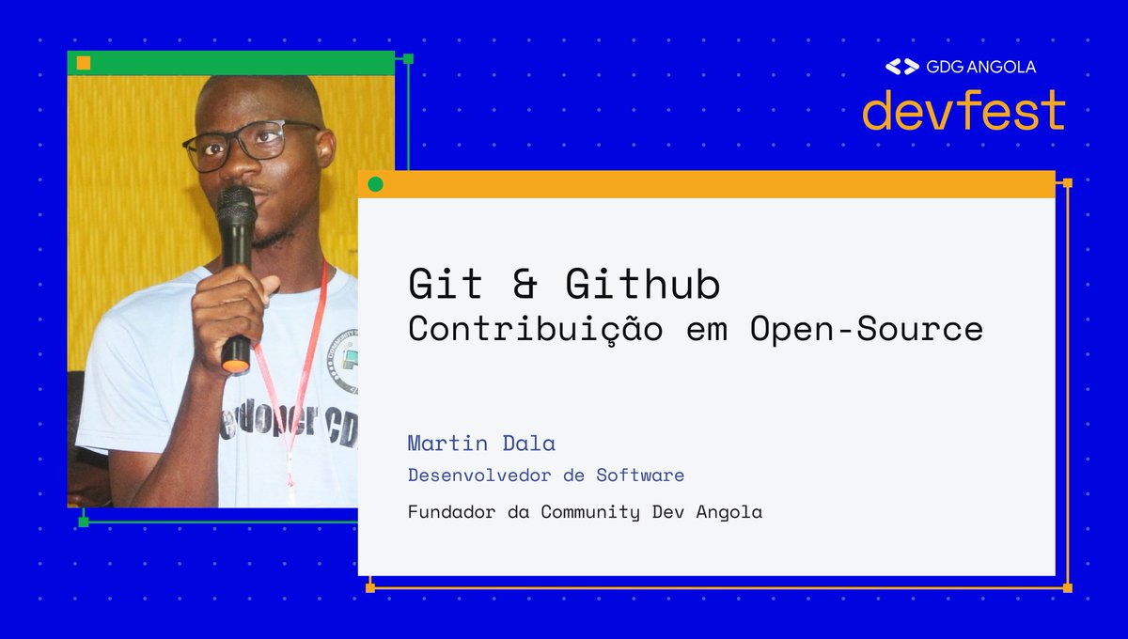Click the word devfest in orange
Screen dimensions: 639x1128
point(963,111)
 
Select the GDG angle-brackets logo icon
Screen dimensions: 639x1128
point(902,67)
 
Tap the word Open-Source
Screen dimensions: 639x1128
point(866,329)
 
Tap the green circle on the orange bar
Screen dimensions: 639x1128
point(376,184)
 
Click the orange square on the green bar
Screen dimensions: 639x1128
point(84,63)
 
